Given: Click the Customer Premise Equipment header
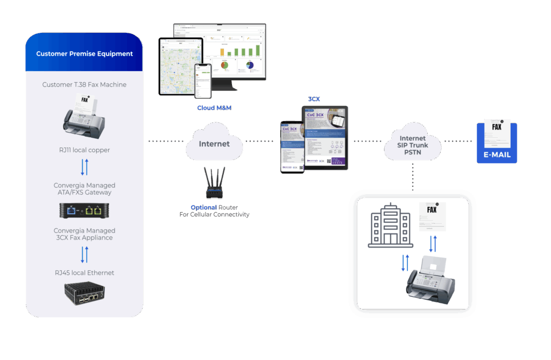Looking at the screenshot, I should coord(84,54).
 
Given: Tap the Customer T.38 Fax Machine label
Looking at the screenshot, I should coord(84,84).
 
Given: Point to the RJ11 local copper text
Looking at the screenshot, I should coord(84,150).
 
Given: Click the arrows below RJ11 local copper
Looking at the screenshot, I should coord(84,167).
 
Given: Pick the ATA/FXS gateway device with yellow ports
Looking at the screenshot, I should coord(84,211).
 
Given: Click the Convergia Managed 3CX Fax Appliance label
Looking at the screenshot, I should coord(84,234).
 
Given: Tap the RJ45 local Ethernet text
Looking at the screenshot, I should coord(84,273).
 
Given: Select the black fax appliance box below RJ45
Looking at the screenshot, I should coord(84,293).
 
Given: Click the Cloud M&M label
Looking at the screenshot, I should coord(214,108).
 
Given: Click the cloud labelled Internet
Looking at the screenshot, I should coord(214,143).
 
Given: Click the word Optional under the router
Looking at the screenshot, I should coord(203,207).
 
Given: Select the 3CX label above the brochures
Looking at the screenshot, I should coord(314,99).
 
